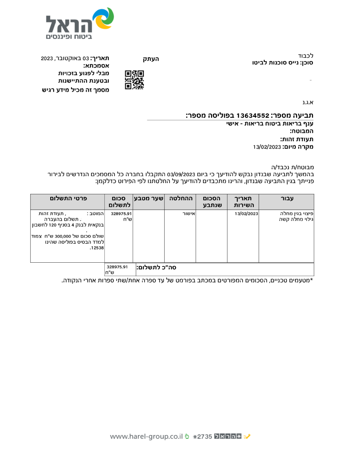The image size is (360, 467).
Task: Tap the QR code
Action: click(x=134, y=79)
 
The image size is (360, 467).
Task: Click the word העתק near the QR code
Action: click(x=151, y=58)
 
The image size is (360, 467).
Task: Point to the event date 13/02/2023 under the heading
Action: click(x=267, y=147)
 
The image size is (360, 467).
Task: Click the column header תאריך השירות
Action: click(x=243, y=202)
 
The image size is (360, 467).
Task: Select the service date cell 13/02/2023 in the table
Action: click(x=246, y=214)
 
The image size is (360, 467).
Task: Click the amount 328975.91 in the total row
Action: click(x=117, y=267)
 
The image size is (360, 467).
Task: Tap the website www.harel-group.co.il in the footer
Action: click(x=146, y=437)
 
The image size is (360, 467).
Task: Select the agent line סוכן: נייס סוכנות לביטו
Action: click(x=282, y=63)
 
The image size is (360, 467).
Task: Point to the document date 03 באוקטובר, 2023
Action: click(x=65, y=58)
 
